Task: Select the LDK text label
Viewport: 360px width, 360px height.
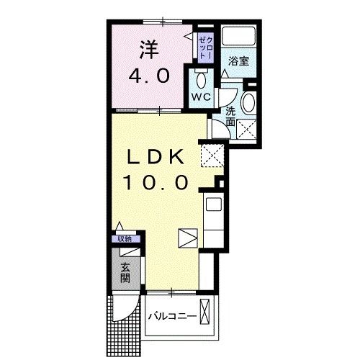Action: click(158, 157)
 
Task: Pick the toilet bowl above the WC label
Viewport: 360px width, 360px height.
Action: click(201, 78)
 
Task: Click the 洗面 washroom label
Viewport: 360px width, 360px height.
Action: click(230, 117)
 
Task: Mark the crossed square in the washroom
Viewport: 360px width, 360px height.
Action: click(247, 130)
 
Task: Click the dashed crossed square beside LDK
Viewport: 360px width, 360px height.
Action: click(212, 155)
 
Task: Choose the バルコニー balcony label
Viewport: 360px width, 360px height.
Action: click(171, 316)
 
